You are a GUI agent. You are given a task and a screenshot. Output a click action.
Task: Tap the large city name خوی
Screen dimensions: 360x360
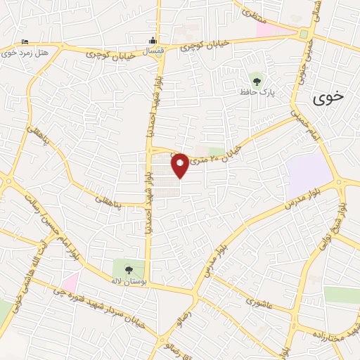point(328,98)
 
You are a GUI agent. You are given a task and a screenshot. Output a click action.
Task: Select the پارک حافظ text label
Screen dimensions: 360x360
point(259,92)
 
